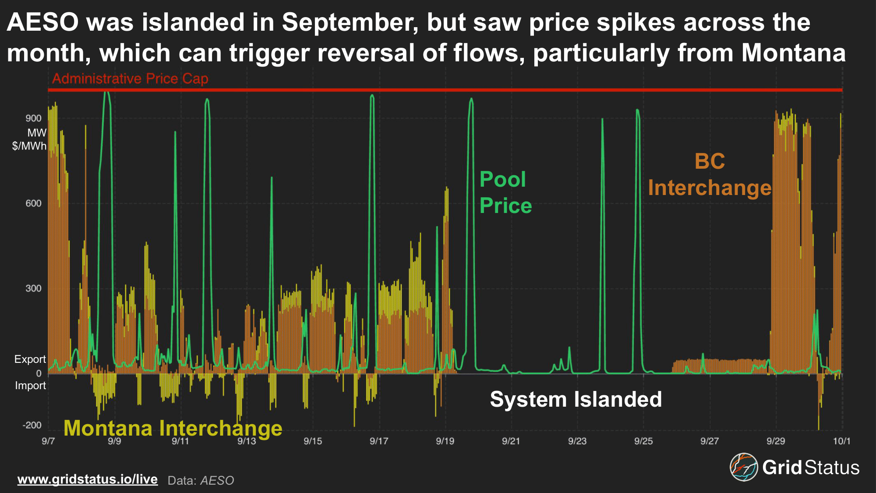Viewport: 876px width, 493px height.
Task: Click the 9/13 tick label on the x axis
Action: click(247, 441)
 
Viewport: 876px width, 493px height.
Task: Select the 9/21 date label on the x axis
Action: click(511, 441)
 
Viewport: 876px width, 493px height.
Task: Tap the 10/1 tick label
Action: click(841, 441)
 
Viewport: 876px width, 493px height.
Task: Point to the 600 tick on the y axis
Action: click(33, 203)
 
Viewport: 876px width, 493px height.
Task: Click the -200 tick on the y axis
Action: click(32, 425)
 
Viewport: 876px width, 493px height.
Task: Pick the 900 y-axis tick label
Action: click(33, 118)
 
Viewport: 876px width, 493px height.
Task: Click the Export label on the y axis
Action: click(30, 359)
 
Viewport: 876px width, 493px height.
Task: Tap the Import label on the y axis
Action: click(30, 386)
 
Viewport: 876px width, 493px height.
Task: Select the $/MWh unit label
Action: click(29, 146)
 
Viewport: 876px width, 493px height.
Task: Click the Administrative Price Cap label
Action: click(130, 79)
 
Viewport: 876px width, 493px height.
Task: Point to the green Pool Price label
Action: click(505, 192)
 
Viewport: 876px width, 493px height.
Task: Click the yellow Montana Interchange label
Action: click(173, 428)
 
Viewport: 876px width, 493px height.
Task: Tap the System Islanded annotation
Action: click(576, 400)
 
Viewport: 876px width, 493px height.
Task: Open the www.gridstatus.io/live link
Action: click(88, 479)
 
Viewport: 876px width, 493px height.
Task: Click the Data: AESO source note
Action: click(201, 481)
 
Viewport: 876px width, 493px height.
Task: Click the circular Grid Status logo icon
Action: click(743, 467)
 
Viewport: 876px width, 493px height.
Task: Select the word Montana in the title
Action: click(793, 53)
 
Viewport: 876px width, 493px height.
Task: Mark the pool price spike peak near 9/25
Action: click(637, 110)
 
